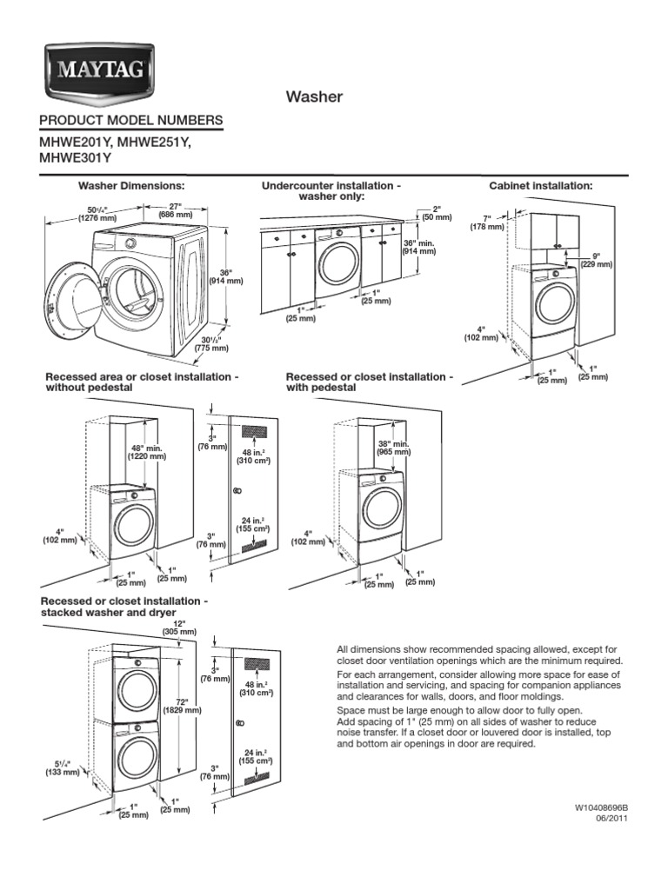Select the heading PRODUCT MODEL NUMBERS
130,120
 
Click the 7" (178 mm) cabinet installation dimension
488,222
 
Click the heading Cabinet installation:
540,186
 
